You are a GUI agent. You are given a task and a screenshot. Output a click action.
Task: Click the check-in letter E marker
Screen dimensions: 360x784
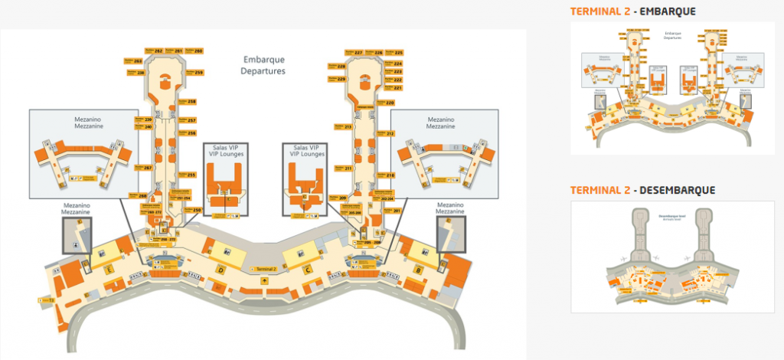(110, 270)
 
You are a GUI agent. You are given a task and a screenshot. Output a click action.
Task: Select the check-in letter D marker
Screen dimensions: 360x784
(220, 270)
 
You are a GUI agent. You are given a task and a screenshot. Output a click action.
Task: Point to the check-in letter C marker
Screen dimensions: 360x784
(306, 270)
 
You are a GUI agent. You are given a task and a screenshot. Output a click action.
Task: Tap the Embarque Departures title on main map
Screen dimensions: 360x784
(263, 64)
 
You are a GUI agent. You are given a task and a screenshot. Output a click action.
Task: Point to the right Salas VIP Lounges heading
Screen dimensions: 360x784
(305, 149)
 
